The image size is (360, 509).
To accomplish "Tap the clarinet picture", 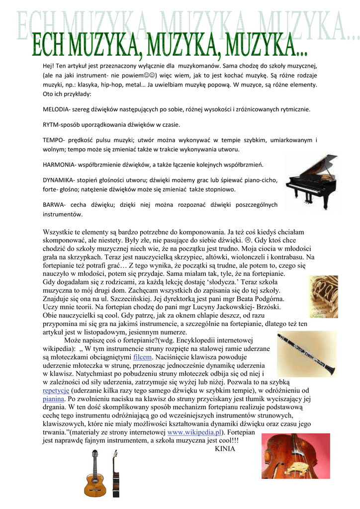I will click(305, 355).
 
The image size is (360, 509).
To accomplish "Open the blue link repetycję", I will click(56, 391).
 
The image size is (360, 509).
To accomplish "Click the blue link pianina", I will click(54, 399).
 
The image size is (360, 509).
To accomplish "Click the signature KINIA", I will click(225, 449).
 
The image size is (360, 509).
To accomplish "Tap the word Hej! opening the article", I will click(48, 66).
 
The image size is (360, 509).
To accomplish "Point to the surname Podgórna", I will click(266, 299).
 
